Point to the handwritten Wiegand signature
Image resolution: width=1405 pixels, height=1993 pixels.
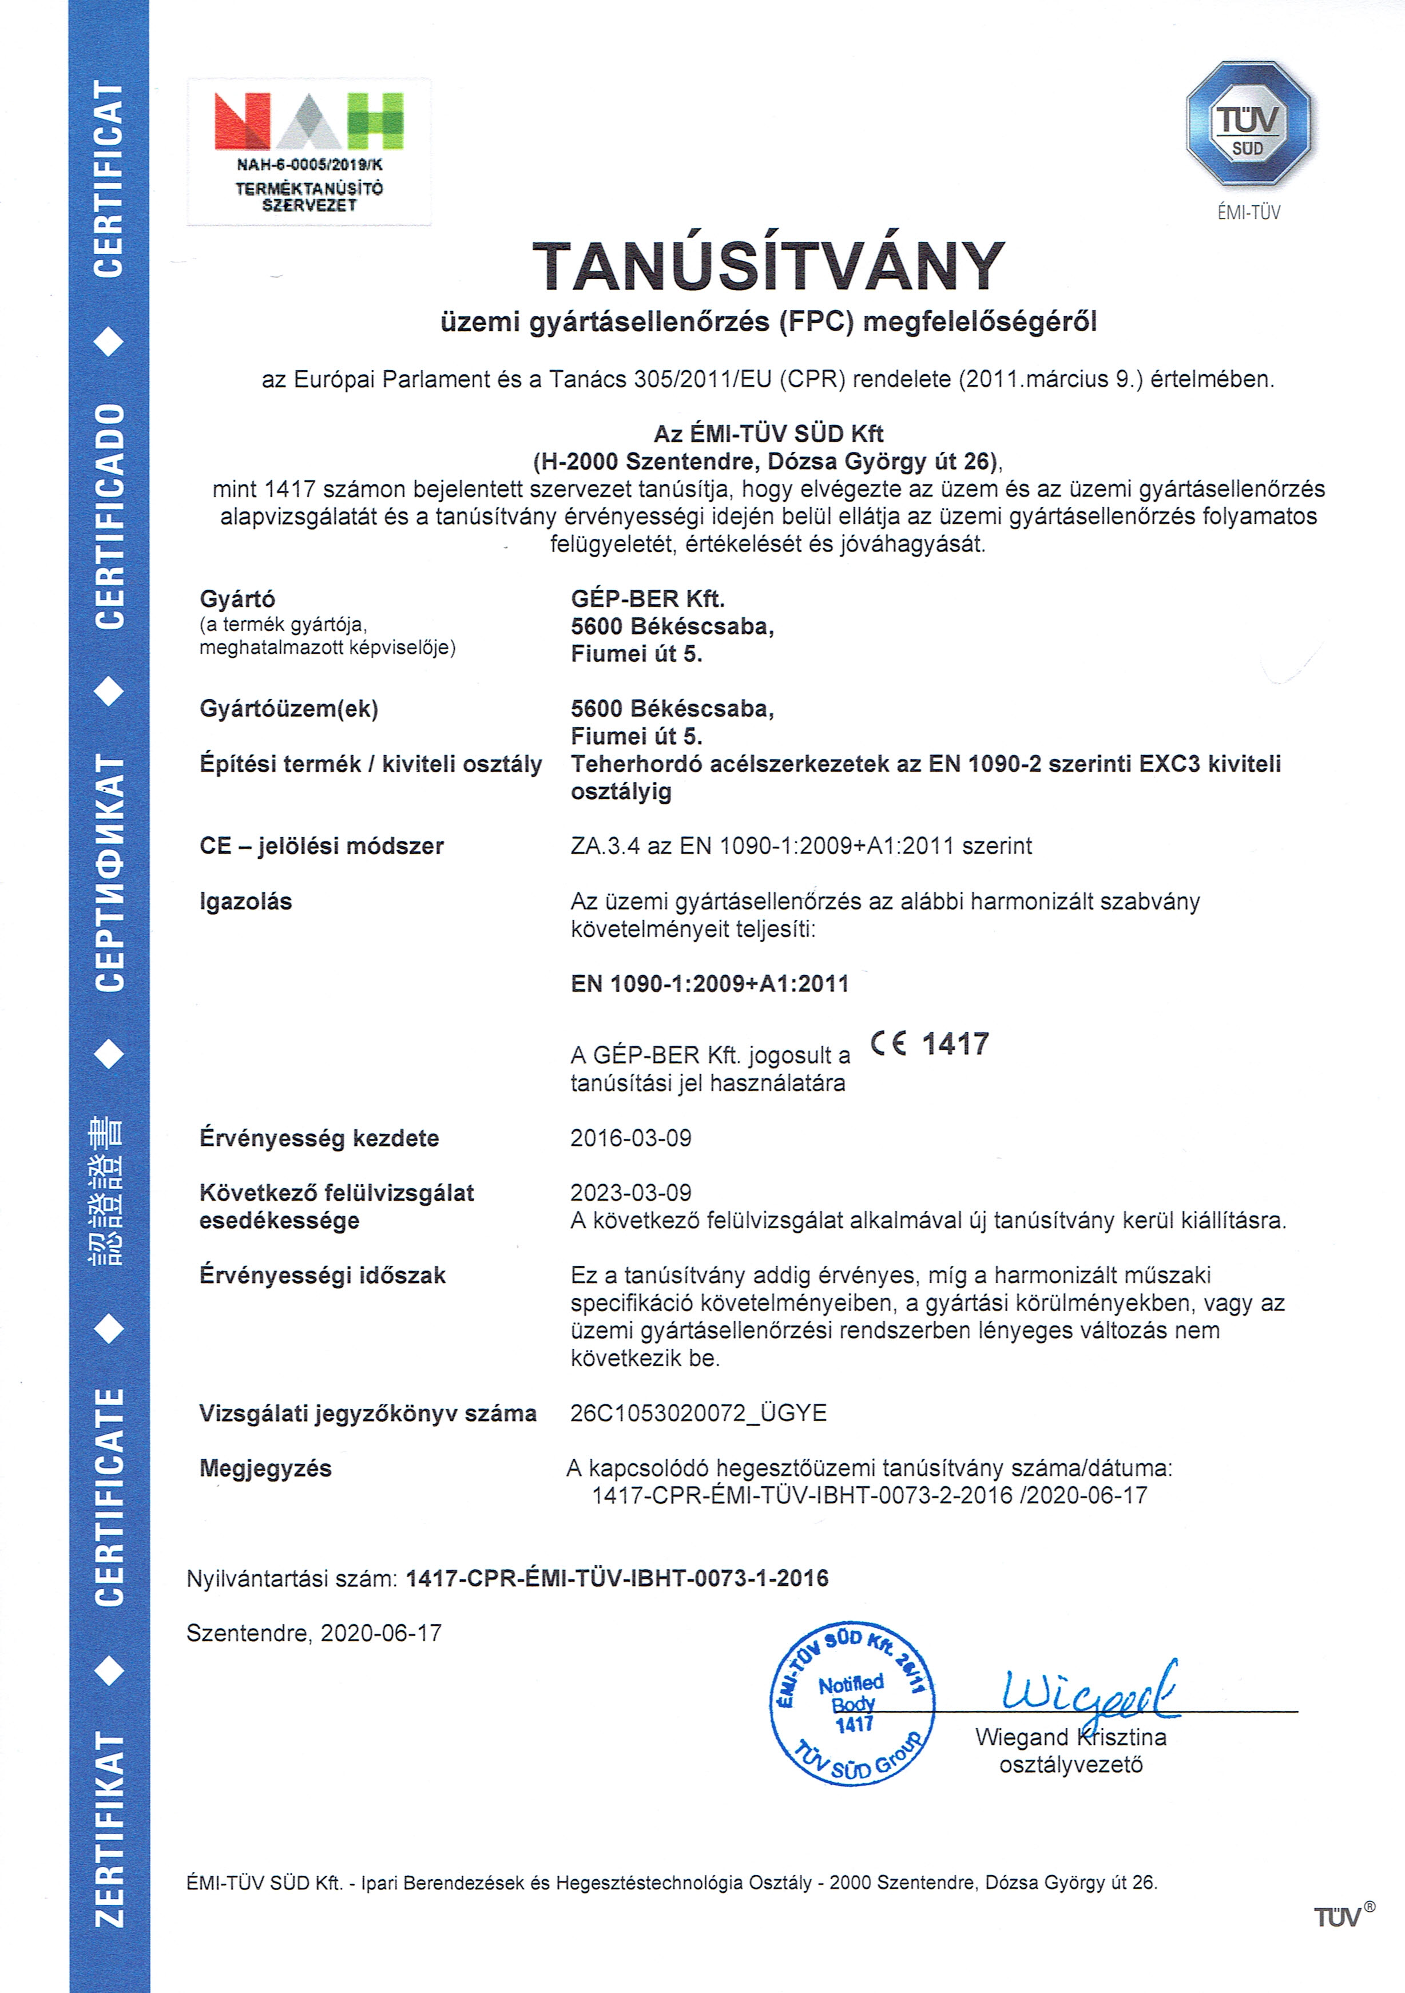tap(1090, 1692)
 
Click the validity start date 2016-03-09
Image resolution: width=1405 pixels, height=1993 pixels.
tap(631, 1138)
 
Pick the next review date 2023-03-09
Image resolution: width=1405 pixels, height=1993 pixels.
tap(631, 1193)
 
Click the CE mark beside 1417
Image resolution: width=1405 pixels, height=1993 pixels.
tap(888, 1044)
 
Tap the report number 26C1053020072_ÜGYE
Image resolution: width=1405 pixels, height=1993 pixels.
tap(698, 1413)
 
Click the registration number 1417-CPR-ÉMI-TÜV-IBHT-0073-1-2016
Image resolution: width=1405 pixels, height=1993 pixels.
tap(617, 1578)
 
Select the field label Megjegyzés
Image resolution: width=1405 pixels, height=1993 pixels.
tap(265, 1468)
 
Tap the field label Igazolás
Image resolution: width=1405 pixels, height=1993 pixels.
tap(245, 902)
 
